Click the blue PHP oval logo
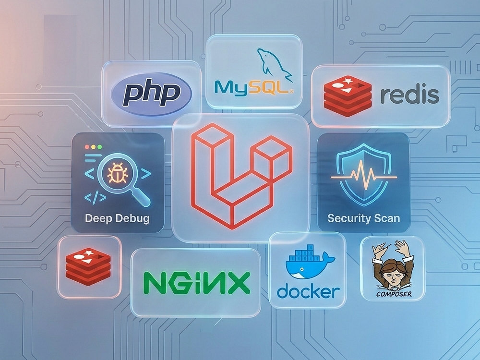click(x=151, y=94)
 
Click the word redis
click(x=409, y=95)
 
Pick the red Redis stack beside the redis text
click(x=348, y=96)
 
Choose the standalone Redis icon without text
click(x=88, y=266)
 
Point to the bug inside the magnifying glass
click(x=117, y=173)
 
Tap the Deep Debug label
click(x=117, y=218)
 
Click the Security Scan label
click(x=364, y=218)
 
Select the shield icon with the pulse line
click(x=364, y=175)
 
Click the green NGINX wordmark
click(x=197, y=283)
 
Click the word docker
click(x=308, y=291)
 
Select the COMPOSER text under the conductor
click(x=394, y=294)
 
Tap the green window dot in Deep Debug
click(x=99, y=147)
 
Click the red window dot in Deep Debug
click(x=87, y=147)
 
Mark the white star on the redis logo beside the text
click(x=348, y=81)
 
